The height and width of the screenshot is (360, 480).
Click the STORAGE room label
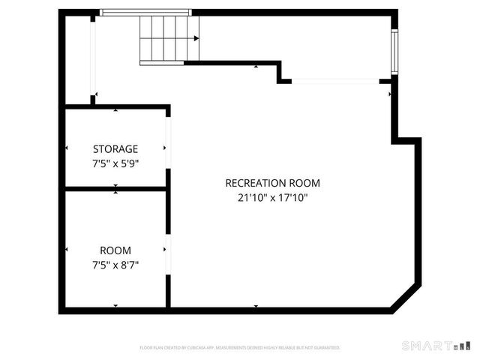(115, 148)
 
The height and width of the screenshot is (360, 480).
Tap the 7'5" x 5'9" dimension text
(115, 162)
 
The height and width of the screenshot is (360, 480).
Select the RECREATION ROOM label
(272, 183)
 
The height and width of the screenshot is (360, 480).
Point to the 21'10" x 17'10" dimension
(272, 198)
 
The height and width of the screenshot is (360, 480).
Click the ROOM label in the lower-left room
(115, 250)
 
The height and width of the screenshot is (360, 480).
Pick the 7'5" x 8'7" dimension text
(115, 264)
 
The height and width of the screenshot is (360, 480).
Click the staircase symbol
(169, 39)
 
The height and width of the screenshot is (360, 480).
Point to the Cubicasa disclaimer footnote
(240, 347)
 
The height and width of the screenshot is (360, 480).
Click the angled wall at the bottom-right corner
(406, 298)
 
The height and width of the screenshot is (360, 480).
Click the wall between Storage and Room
(115, 188)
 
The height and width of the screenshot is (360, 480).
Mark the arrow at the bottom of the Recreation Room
(256, 306)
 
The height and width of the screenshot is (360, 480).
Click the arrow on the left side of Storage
(67, 148)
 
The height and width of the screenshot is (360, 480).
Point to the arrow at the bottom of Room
(115, 306)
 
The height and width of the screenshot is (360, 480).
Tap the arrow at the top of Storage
(115, 110)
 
